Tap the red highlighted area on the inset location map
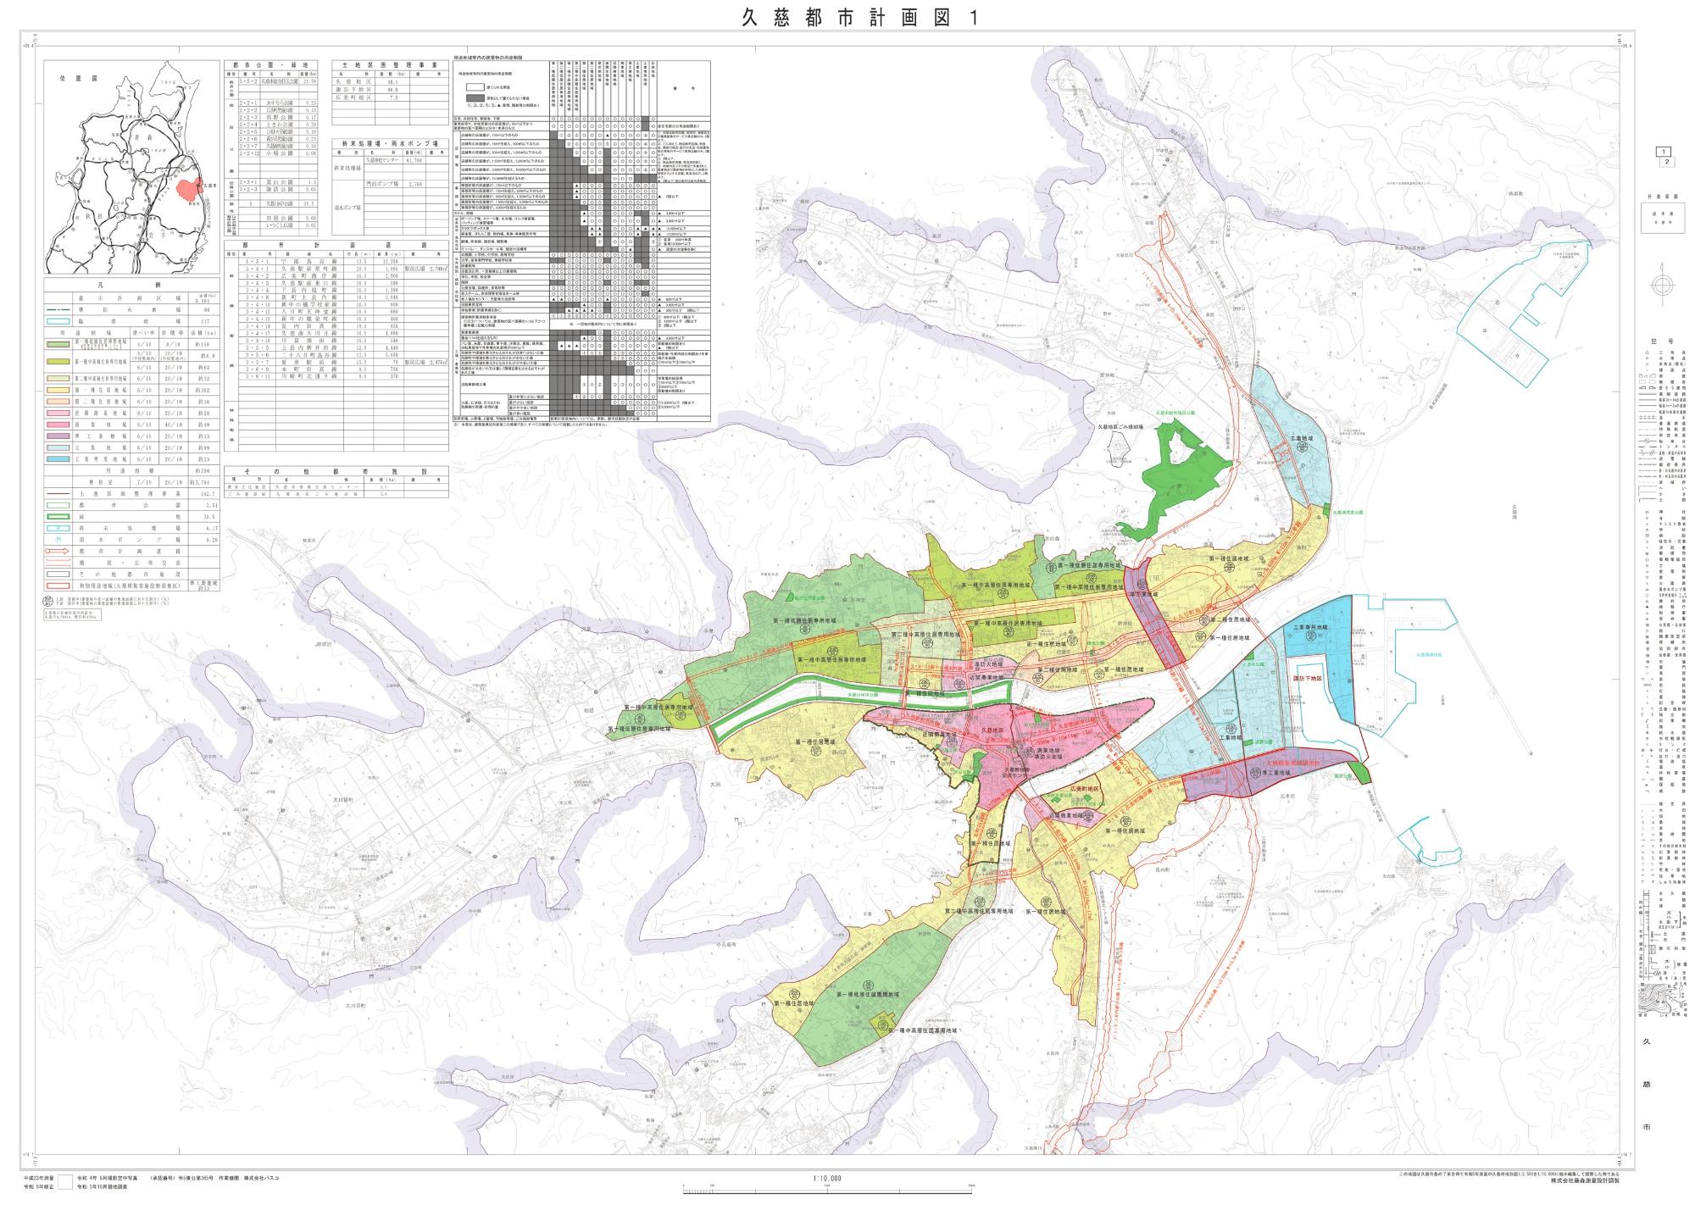coord(187,189)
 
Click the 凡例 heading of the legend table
coord(131,286)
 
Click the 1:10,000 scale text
coord(826,1178)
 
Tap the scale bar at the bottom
coord(826,1187)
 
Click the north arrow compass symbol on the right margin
coord(1662,287)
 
